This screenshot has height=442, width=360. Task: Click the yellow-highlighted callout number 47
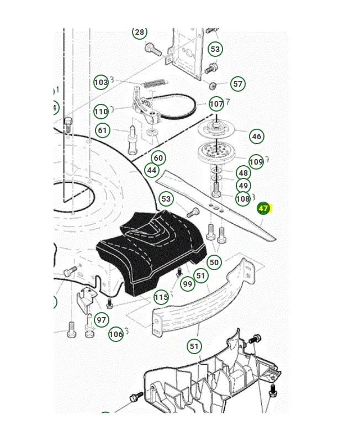coord(263,209)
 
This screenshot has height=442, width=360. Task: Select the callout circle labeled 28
coord(140,32)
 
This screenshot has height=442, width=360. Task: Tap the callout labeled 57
coord(238,84)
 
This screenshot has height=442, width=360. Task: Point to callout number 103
coord(101,83)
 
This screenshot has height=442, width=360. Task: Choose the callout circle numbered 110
coord(101,112)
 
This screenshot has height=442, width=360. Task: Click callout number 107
coord(216,104)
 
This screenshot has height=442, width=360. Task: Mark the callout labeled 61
coord(103,131)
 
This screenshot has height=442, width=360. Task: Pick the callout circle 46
coord(256,136)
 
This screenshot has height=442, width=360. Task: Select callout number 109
coord(256,162)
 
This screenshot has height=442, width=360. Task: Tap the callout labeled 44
coord(152,170)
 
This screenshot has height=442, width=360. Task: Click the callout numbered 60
coord(158,158)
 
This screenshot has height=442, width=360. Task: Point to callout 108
coord(243,199)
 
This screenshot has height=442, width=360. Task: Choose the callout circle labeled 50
coord(214,262)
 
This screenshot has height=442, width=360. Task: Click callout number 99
coord(188,283)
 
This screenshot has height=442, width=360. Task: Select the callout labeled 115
coord(161,297)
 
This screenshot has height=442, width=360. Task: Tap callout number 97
coord(101,320)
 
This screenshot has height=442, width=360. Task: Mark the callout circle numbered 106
coord(116,334)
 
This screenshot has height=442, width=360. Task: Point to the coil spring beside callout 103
coord(154,83)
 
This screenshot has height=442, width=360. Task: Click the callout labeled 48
coord(243,173)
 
